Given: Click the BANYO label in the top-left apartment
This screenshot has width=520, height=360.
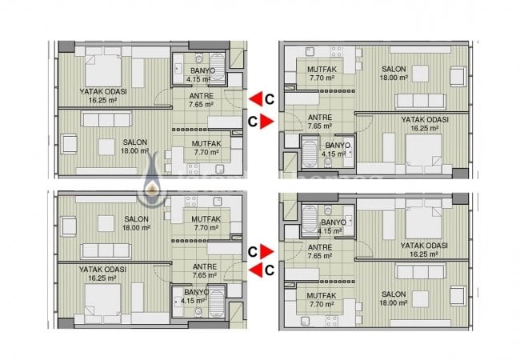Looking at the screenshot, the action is pyautogui.click(x=202, y=70).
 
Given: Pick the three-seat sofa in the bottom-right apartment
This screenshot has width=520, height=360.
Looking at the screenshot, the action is pyautogui.click(x=421, y=272).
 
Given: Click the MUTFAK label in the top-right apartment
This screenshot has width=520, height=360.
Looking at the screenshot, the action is pyautogui.click(x=322, y=70).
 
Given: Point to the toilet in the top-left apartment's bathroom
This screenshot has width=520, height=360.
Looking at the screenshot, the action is pyautogui.click(x=199, y=58).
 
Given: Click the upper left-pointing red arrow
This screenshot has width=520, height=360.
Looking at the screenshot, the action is pyautogui.click(x=256, y=98).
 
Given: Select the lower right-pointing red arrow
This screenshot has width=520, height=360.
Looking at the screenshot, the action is pyautogui.click(x=267, y=252).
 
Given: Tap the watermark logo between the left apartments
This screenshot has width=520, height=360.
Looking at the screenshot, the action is pyautogui.click(x=152, y=181).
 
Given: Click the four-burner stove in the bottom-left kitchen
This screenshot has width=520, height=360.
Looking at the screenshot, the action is pyautogui.click(x=191, y=202).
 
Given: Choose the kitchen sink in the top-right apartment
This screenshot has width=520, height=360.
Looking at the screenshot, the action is pyautogui.click(x=310, y=51).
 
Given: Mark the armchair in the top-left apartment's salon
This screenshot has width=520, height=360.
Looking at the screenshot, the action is pyautogui.click(x=69, y=144).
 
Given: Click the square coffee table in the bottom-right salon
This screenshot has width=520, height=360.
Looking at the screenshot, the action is pyautogui.click(x=420, y=299).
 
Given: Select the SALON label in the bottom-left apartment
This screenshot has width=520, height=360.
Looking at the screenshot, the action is pyautogui.click(x=136, y=219).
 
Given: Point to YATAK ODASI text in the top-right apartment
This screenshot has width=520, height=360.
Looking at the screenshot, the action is pyautogui.click(x=425, y=120).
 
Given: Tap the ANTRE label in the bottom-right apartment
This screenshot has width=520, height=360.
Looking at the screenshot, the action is pyautogui.click(x=320, y=247).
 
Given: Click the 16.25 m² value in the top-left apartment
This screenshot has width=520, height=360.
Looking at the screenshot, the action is pyautogui.click(x=103, y=100).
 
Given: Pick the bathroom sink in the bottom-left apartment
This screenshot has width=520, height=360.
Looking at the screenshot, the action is pyautogui.click(x=178, y=301).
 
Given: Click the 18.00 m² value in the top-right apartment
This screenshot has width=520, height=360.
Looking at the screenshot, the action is pyautogui.click(x=394, y=78).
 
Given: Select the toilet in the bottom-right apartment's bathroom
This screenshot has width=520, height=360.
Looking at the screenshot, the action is pyautogui.click(x=328, y=210).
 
